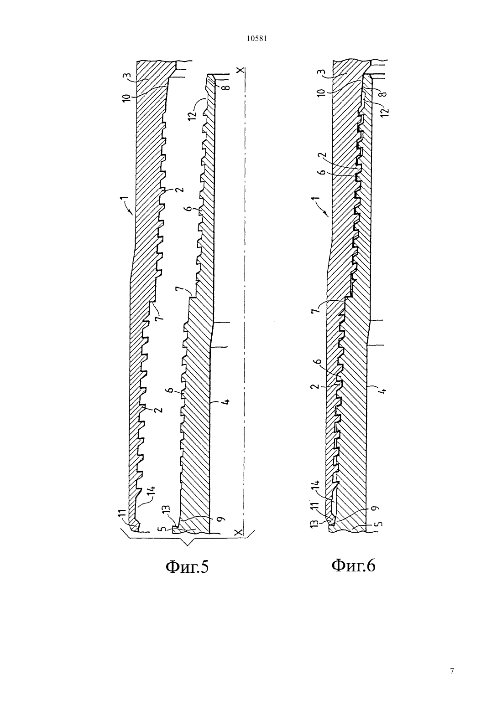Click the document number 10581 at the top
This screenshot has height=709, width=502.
click(256, 39)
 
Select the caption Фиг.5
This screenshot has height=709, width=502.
click(187, 566)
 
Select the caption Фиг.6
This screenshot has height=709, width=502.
click(353, 565)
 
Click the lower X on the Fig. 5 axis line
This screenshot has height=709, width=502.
click(240, 531)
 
